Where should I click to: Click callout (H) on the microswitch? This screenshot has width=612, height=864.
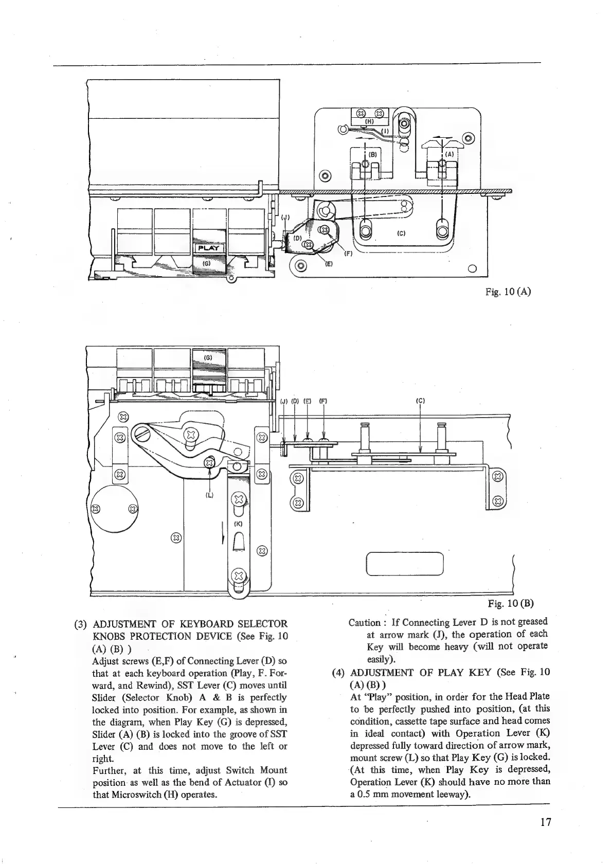coord(368,122)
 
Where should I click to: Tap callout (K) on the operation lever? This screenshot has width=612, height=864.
coord(238,524)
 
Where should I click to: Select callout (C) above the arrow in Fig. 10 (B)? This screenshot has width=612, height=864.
coord(420,401)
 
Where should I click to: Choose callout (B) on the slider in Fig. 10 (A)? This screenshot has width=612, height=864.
coord(373,154)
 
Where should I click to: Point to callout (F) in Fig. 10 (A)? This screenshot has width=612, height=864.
coord(347,253)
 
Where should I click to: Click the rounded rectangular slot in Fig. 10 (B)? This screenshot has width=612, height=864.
coord(404,563)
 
